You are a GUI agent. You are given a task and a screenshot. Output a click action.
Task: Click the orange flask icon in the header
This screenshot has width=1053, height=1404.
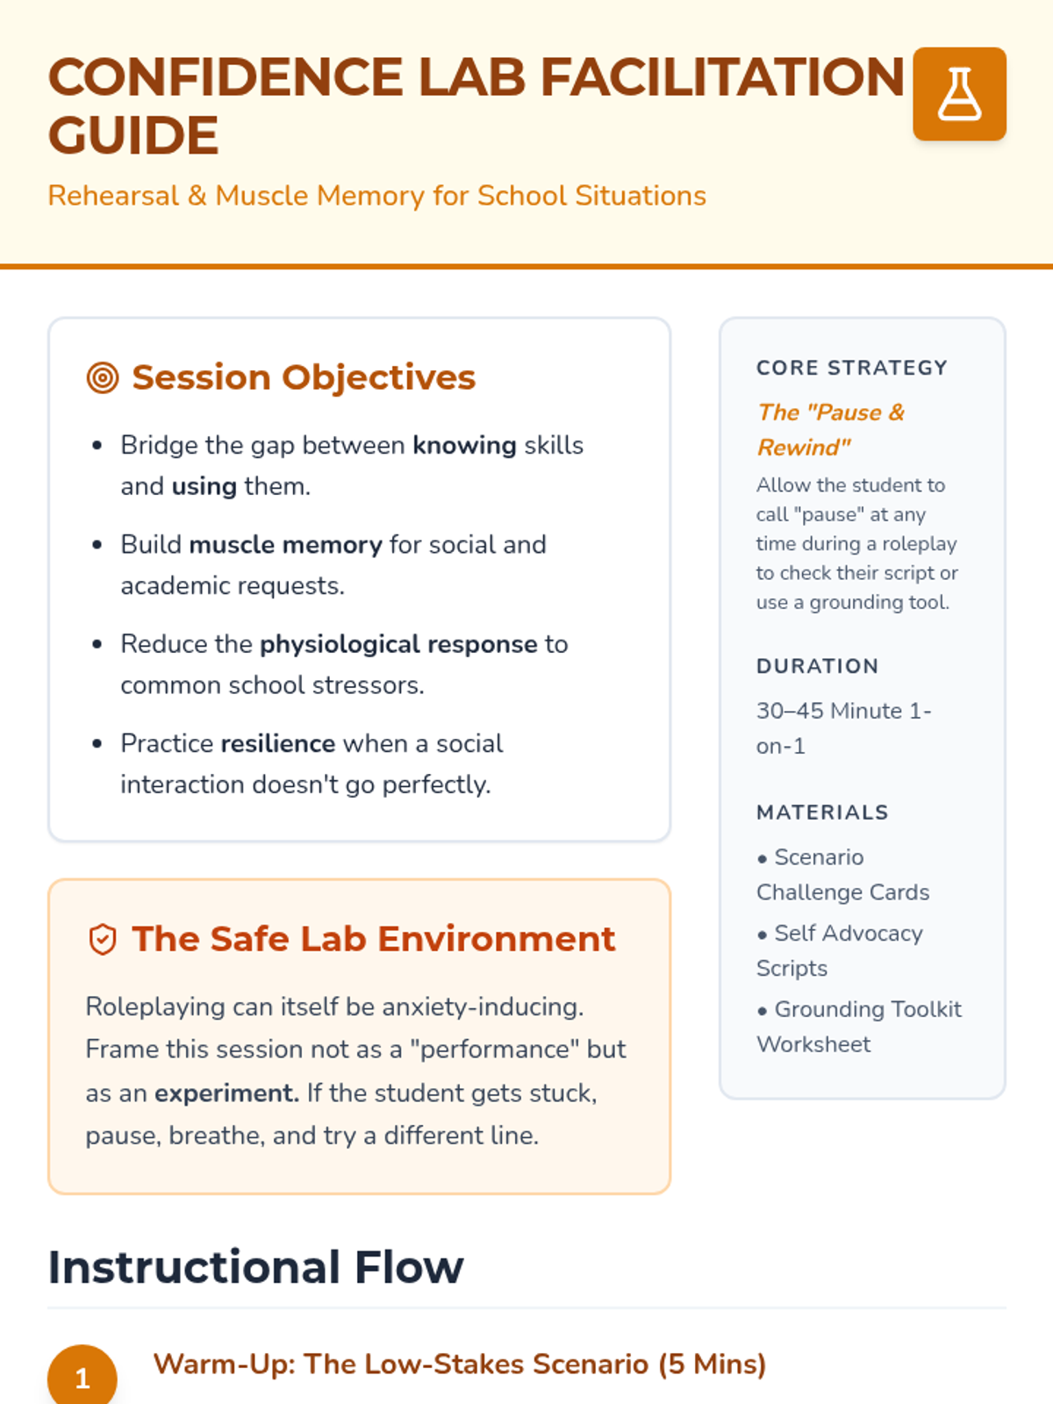[959, 94]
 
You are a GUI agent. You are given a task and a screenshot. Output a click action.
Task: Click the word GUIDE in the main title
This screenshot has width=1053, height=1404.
[133, 136]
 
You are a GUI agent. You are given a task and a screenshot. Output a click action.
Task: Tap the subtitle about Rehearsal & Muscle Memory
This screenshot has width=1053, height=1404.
[376, 196]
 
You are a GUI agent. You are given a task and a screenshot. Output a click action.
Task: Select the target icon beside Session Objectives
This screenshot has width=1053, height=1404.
[103, 378]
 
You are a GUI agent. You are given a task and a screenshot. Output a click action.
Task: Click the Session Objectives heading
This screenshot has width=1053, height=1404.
[304, 377]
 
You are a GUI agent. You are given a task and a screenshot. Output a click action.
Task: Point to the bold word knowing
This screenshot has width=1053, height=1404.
[464, 446]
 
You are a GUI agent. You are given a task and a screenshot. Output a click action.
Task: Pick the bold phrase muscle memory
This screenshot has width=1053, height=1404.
[285, 545]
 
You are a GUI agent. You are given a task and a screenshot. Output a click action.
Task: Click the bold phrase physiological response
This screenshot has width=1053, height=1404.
[398, 644]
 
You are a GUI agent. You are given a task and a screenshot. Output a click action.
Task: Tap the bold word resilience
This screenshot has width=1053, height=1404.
[277, 744]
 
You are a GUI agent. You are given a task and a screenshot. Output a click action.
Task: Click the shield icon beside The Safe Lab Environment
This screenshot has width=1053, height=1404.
[103, 940]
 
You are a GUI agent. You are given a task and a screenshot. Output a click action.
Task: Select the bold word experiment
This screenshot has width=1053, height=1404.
[226, 1093]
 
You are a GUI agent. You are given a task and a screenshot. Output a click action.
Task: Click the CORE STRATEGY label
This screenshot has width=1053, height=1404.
[852, 368]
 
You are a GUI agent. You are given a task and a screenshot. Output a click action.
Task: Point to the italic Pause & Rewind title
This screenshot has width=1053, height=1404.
[830, 430]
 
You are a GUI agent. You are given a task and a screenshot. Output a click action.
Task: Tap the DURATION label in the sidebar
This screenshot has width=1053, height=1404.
[817, 666]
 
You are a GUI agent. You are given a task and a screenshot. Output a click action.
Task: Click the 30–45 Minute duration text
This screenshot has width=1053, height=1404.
[843, 727]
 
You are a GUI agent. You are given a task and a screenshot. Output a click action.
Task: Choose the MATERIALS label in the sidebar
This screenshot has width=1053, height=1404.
[822, 813]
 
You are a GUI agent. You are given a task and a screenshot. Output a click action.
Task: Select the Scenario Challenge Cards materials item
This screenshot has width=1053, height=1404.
[842, 875]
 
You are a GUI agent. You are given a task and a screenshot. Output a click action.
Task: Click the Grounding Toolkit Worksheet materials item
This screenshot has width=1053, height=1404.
[858, 1027]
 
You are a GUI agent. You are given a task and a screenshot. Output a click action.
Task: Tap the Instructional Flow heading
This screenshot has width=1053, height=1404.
[255, 1267]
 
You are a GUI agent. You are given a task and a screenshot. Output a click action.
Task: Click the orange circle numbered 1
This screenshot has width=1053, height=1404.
[82, 1378]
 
